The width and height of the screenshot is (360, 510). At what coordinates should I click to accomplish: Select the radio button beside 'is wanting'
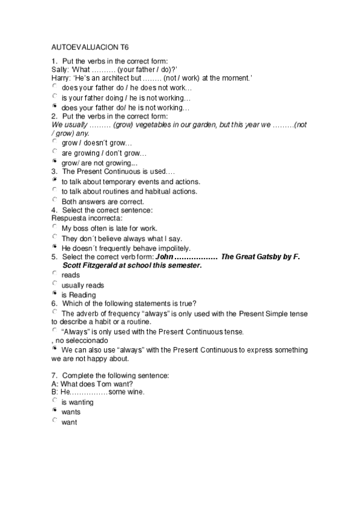tap(55, 400)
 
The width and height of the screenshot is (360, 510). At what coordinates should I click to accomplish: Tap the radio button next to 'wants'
tap(55, 410)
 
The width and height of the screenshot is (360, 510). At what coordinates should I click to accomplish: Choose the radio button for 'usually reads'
tap(55, 283)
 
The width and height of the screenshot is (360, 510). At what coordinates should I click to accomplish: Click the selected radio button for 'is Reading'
tap(55, 293)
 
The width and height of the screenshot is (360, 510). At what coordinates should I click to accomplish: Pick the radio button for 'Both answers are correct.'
tap(55, 200)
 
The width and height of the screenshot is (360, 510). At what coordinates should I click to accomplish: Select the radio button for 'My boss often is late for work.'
tap(55, 227)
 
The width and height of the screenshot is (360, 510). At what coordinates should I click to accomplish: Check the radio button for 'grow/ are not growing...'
tap(55, 161)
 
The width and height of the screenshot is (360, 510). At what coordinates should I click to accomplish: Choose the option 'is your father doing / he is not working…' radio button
tap(55, 96)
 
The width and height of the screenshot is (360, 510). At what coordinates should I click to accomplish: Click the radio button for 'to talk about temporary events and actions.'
tap(55, 180)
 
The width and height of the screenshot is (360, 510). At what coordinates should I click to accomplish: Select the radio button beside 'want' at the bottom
tap(55, 421)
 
